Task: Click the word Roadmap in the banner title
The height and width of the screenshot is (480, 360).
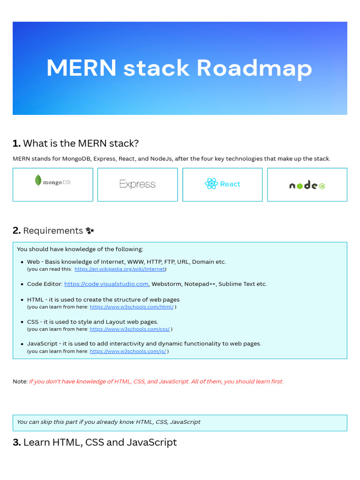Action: (254, 68)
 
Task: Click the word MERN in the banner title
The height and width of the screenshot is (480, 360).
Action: (81, 68)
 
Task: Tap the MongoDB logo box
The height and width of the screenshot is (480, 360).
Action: (53, 185)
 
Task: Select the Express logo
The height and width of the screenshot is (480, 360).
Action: (137, 185)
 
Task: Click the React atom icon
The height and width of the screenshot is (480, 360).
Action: (211, 184)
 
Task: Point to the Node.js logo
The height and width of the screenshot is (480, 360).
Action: (307, 185)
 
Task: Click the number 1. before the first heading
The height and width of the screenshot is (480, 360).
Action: (16, 143)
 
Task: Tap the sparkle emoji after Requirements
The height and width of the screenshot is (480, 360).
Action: (90, 231)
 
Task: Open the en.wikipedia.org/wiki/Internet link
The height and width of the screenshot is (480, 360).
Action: (120, 270)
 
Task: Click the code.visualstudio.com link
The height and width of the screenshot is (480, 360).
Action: (106, 284)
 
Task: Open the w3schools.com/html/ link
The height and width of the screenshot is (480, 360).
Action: (132, 307)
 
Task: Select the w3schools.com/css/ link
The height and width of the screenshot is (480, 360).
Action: (129, 329)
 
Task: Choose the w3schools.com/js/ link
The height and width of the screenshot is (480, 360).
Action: (128, 351)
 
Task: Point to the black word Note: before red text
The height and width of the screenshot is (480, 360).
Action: (20, 382)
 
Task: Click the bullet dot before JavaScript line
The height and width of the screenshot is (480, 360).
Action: (22, 344)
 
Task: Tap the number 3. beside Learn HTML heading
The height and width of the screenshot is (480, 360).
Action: (16, 442)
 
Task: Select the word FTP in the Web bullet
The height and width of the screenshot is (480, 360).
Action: (169, 262)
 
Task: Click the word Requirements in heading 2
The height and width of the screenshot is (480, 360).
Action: (53, 231)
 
